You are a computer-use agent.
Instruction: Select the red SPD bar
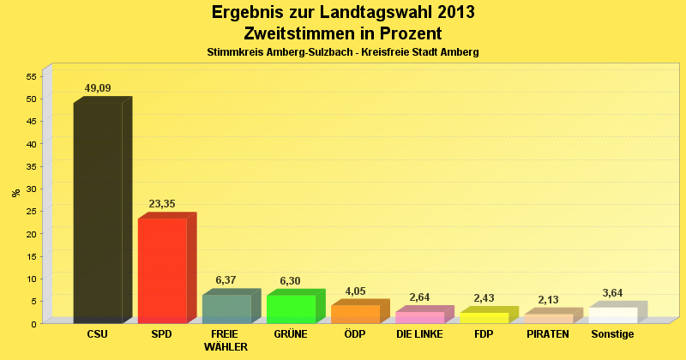pyautogui.click(x=162, y=270)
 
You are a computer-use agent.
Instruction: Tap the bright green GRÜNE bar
pyautogui.click(x=291, y=309)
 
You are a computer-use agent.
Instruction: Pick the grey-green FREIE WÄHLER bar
pyautogui.click(x=226, y=309)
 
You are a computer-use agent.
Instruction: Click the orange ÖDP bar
pyautogui.click(x=355, y=314)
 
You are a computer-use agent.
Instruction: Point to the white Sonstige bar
pyautogui.click(x=612, y=315)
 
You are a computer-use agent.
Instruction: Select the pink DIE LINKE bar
pyautogui.click(x=419, y=317)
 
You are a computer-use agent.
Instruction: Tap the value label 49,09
pyautogui.click(x=98, y=88)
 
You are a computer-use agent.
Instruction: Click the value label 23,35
pyautogui.click(x=162, y=204)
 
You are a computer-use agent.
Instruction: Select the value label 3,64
pyautogui.click(x=612, y=292)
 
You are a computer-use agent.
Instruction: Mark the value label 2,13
pyautogui.click(x=548, y=299)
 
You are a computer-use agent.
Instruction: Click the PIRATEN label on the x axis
pyautogui.click(x=548, y=333)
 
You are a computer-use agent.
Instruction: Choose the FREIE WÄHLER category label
pyautogui.click(x=226, y=340)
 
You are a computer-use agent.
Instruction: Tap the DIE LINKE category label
pyautogui.click(x=419, y=333)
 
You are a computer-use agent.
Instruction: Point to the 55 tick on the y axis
pyautogui.click(x=30, y=76)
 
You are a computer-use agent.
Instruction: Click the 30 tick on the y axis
pyautogui.click(x=30, y=189)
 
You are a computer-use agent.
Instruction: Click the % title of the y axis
pyautogui.click(x=15, y=193)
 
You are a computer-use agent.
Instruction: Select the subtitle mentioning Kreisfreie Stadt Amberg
pyautogui.click(x=343, y=52)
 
